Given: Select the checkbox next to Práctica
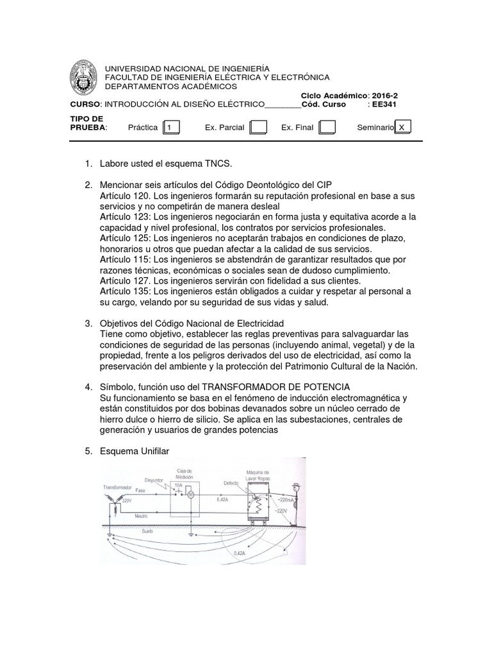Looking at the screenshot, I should click(171, 127).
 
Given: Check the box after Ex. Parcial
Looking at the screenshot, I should click(258, 127).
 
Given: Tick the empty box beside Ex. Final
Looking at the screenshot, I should click(327, 127).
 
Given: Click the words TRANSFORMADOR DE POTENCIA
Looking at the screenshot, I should click(276, 387).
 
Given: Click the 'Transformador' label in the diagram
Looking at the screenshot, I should click(117, 488).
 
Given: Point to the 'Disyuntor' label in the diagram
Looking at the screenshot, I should click(154, 479).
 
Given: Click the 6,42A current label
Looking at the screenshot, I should click(222, 499).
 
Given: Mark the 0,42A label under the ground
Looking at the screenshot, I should click(240, 552).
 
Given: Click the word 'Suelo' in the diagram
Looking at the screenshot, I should click(147, 533).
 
